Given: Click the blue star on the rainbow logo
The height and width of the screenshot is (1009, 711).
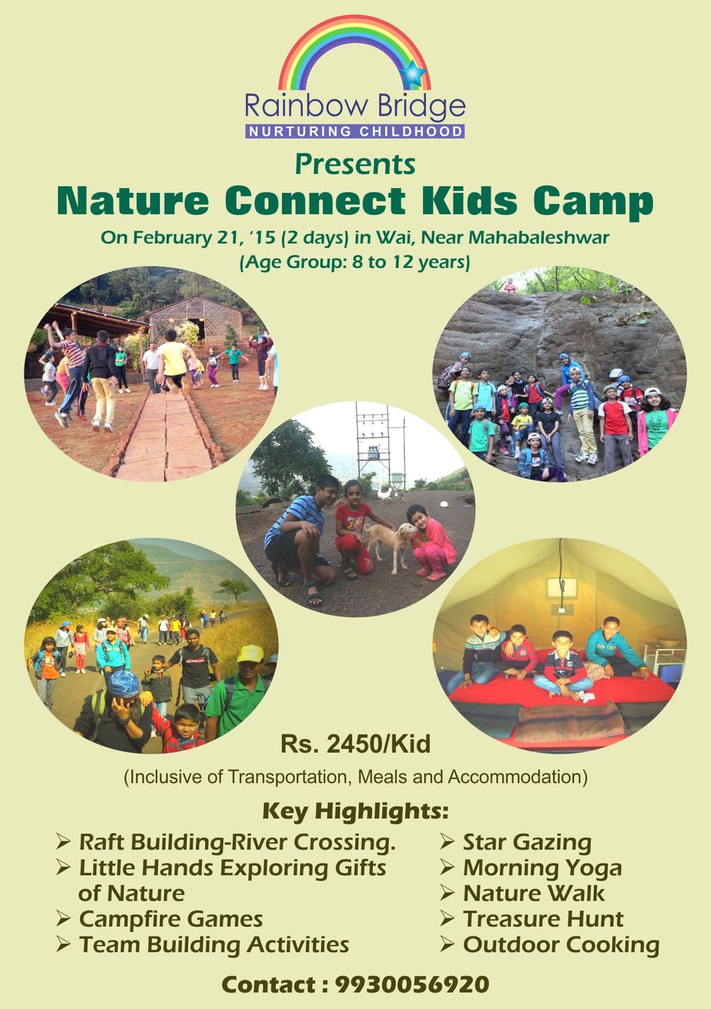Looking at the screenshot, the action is [x=413, y=73].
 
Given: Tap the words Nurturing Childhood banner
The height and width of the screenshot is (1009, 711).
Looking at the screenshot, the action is [x=355, y=132].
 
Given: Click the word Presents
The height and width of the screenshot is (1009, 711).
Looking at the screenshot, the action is [x=355, y=165].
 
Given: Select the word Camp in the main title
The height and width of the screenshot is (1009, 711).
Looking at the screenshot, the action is [x=593, y=202].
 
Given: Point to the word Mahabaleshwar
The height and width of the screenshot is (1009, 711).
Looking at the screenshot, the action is [x=539, y=237].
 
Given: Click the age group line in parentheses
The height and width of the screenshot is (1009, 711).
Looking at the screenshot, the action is [x=355, y=262].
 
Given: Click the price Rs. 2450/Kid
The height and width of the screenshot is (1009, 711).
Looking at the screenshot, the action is [x=355, y=744].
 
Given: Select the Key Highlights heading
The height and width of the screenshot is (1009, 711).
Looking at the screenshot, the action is [x=355, y=811].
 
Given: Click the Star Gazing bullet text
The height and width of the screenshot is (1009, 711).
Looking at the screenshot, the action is [x=527, y=842].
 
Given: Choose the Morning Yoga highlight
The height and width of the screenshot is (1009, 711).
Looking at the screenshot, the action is [x=543, y=868].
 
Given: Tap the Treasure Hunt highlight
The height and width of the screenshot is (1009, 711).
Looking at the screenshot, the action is [x=544, y=919].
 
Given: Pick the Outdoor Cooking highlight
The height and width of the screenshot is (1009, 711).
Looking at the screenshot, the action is [x=561, y=945].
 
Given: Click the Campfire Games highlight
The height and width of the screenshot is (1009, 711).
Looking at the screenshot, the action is [x=171, y=919].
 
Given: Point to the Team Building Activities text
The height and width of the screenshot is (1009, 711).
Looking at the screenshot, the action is [x=214, y=945].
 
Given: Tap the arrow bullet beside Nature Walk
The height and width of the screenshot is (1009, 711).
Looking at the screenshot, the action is [x=447, y=893].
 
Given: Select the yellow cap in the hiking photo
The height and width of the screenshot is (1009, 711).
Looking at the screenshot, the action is [x=250, y=654].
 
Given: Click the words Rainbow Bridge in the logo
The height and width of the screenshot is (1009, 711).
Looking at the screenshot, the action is [x=355, y=107].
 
